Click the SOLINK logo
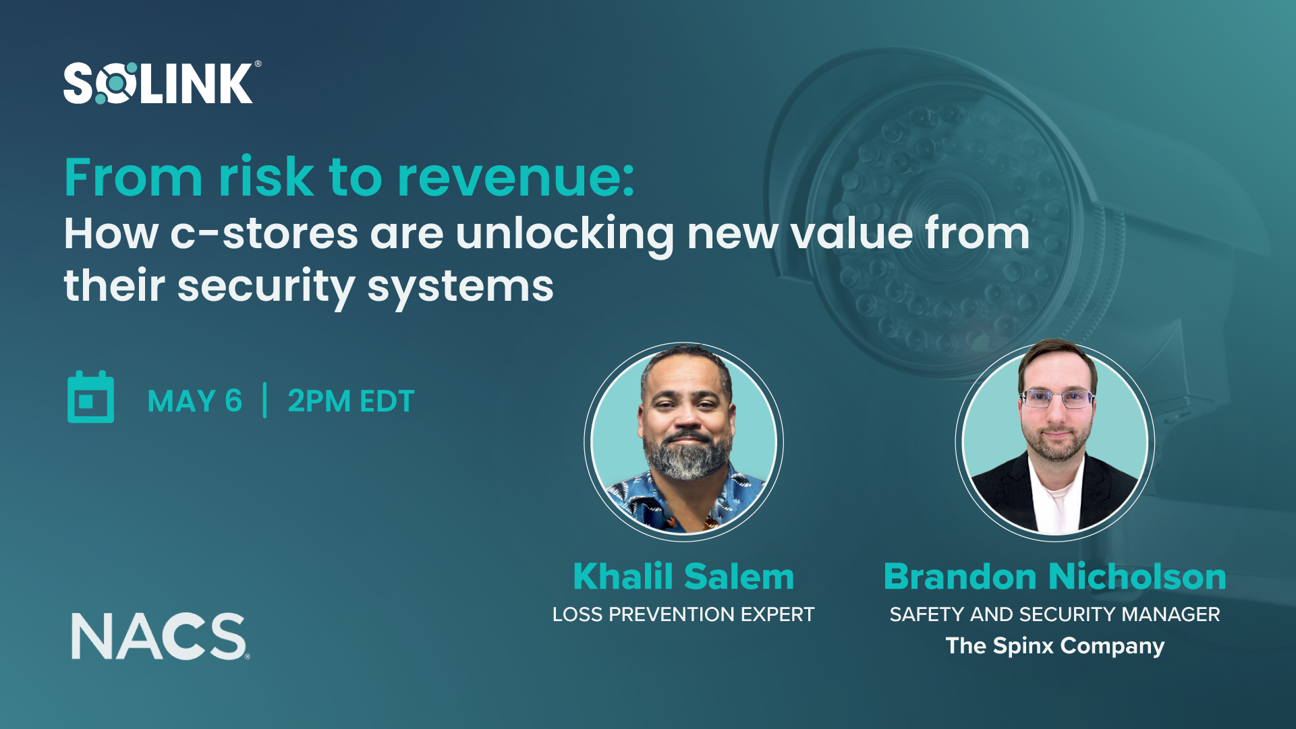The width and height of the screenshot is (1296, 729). (x=158, y=84)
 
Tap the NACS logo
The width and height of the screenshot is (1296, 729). (x=159, y=636)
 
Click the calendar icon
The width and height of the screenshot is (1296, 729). (x=91, y=398)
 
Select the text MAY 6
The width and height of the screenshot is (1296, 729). (x=194, y=401)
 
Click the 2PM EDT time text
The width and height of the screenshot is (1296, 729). (x=351, y=401)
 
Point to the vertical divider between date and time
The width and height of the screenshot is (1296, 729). (x=265, y=401)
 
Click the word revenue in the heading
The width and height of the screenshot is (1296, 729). (x=515, y=177)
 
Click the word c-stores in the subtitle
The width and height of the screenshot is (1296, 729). (x=264, y=234)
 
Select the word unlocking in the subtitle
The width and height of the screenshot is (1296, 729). (x=565, y=234)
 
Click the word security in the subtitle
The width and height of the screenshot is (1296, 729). (x=266, y=287)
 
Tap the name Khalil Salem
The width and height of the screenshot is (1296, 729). (x=683, y=577)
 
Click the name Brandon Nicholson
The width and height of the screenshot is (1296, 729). (x=1054, y=577)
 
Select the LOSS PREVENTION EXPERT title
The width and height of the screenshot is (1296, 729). (x=683, y=614)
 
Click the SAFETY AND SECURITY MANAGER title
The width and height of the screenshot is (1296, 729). (x=1054, y=614)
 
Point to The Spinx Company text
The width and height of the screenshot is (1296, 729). (x=1054, y=646)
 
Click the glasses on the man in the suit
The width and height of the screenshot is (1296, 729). (x=1056, y=399)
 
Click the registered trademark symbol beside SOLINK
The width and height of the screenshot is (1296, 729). (x=258, y=64)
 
